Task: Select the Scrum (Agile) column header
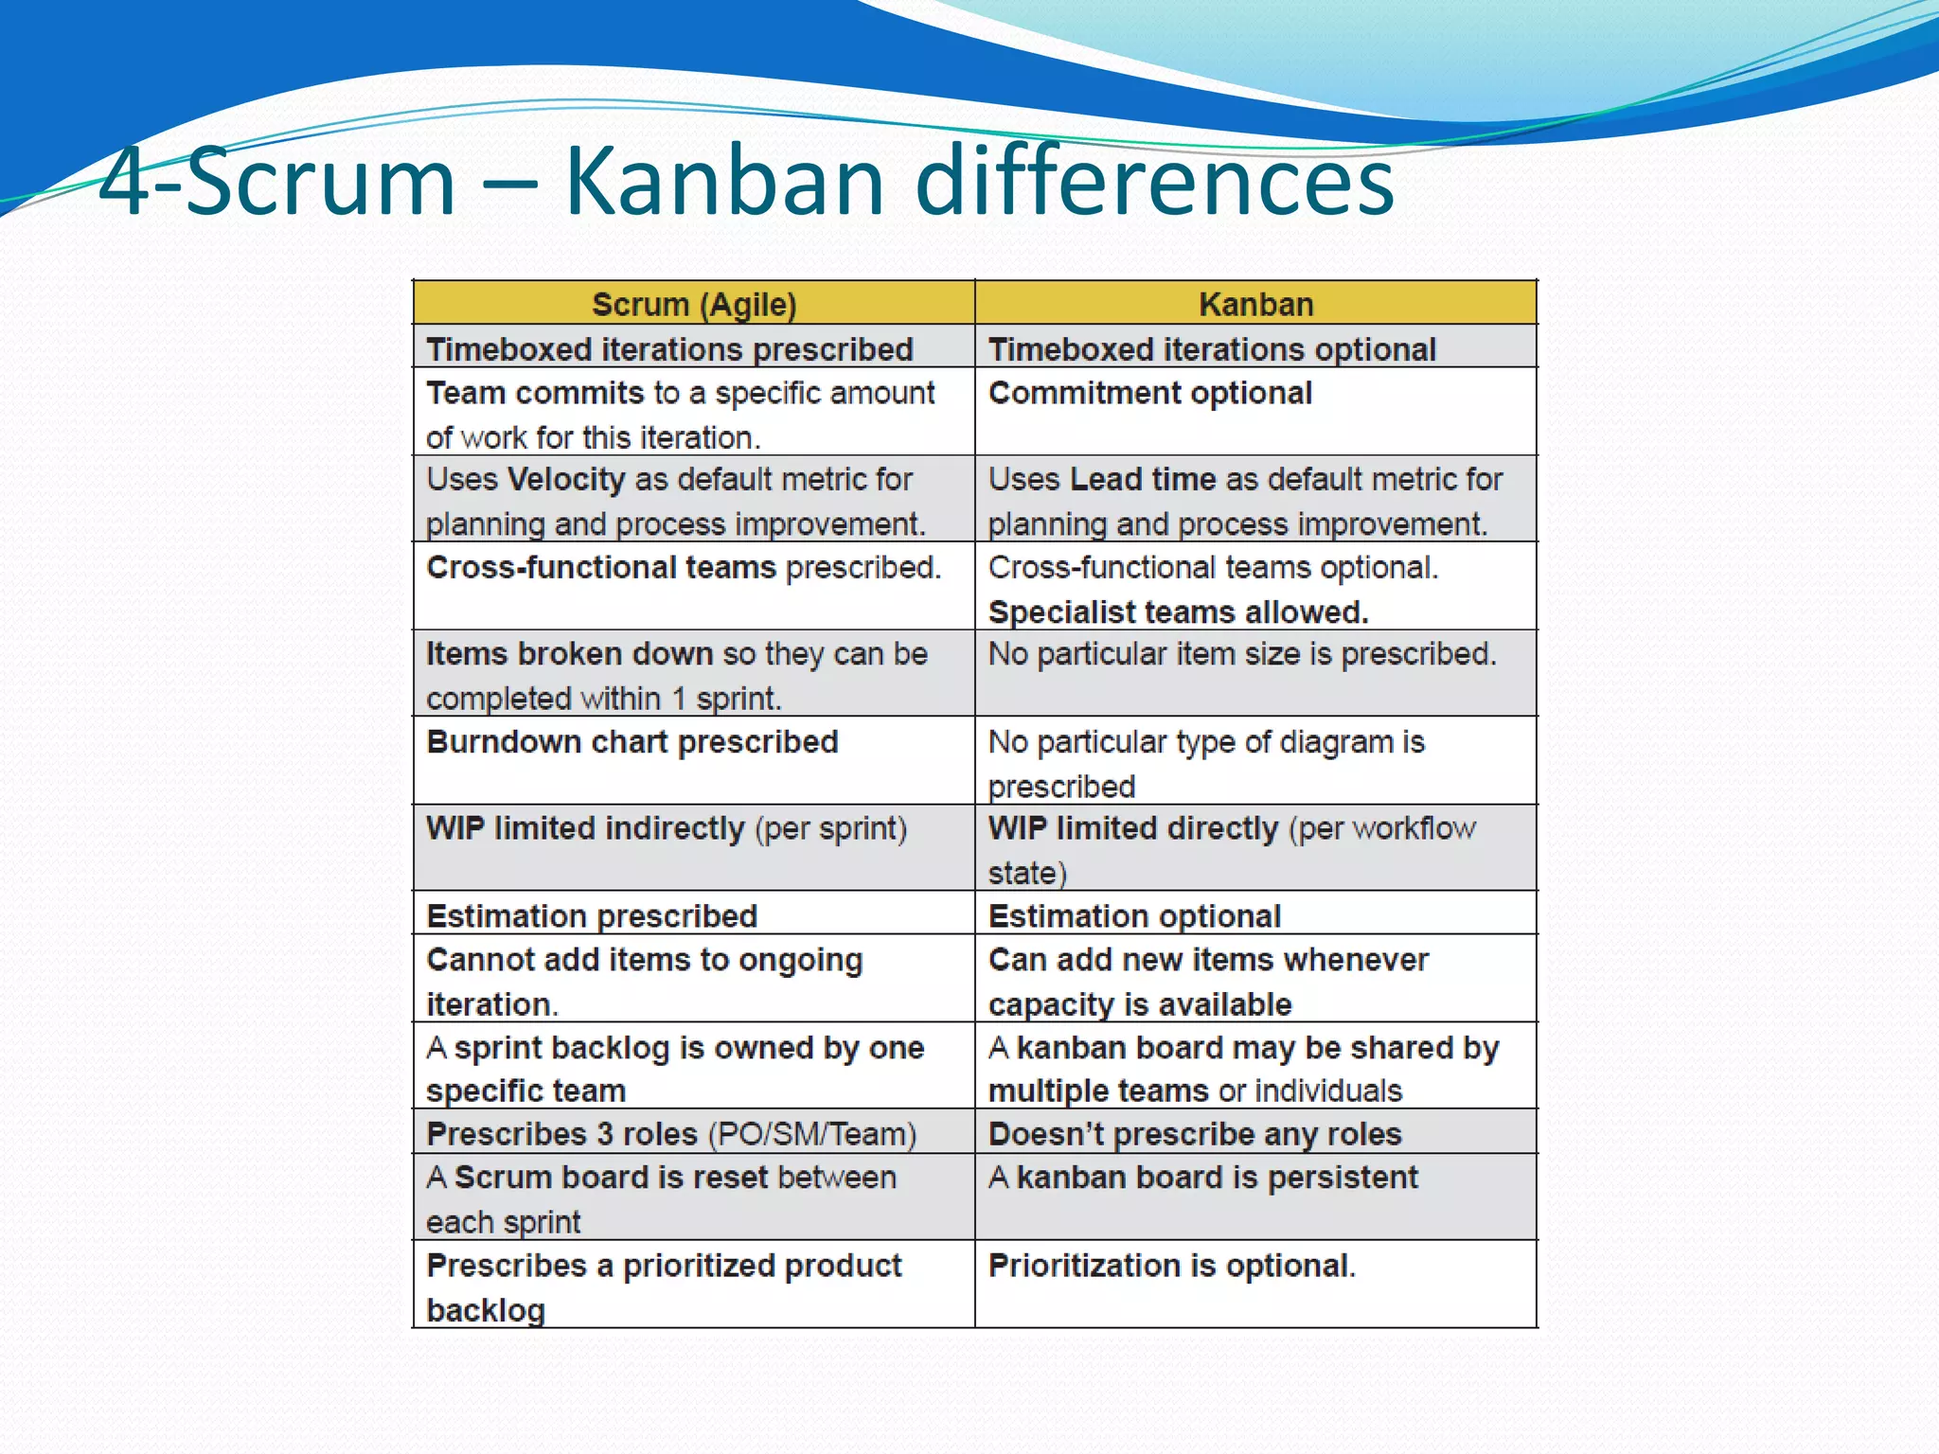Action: (x=694, y=305)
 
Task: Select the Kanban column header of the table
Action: (x=1255, y=305)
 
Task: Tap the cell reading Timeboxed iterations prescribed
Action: (x=669, y=349)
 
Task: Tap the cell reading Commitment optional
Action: (x=1149, y=393)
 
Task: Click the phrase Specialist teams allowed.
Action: (x=1178, y=612)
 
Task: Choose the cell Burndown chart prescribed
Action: (x=632, y=742)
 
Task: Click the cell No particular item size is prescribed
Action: (x=1241, y=654)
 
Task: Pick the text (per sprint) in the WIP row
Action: (x=830, y=829)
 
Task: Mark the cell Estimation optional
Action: (x=1134, y=916)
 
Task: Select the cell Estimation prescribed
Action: (x=592, y=916)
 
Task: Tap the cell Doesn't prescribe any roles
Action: (x=1194, y=1134)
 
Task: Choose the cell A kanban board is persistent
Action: (x=1202, y=1178)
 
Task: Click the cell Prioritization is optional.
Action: (x=1171, y=1266)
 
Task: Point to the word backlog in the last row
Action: (x=486, y=1310)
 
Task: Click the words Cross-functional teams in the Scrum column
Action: (x=600, y=568)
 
